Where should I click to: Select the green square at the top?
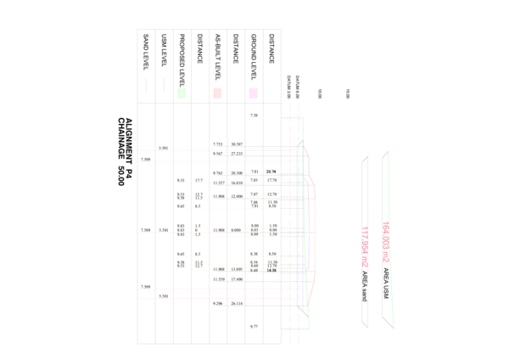click(182, 93)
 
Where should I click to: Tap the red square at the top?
click(217, 93)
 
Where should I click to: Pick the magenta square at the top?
click(254, 93)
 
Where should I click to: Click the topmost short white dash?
click(255, 118)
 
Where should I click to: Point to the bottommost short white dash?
click(255, 329)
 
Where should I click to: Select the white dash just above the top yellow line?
click(263, 174)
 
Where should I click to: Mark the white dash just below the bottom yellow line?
click(263, 273)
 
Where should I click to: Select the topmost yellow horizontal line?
click(238, 183)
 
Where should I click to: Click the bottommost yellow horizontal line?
click(238, 267)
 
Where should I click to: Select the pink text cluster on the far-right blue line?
click(366, 246)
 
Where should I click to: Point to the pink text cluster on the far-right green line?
click(386, 241)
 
